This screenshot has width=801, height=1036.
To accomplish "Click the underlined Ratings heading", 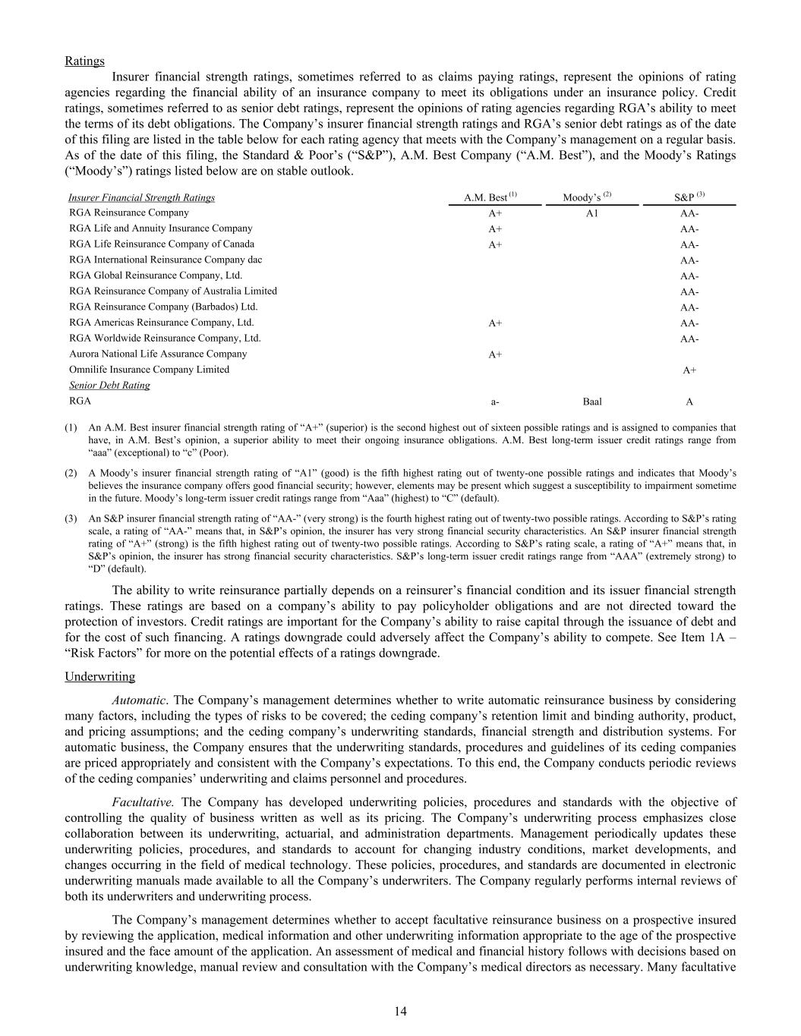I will tap(84, 61).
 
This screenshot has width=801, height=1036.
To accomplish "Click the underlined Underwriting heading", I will tap(99, 676).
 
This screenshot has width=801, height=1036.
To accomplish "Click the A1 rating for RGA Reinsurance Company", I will tap(592, 213).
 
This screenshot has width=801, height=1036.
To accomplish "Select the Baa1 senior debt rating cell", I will tap(592, 401).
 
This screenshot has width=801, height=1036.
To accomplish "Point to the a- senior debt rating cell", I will tap(495, 401).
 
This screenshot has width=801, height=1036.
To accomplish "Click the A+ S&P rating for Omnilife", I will tap(689, 370).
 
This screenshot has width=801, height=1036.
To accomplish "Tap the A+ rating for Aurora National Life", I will tap(495, 354).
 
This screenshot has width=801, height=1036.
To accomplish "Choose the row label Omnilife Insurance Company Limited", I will tap(149, 370).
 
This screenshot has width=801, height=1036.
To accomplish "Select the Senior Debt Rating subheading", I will tap(109, 386).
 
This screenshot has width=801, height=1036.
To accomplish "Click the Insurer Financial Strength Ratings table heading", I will tap(142, 197).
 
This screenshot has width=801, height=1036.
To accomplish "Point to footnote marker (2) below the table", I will tap(71, 473).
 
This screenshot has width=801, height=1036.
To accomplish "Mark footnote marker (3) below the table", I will tap(71, 519).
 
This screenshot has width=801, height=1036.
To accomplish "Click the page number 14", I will tap(400, 1011).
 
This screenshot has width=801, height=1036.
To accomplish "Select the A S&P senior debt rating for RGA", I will tap(689, 401).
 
